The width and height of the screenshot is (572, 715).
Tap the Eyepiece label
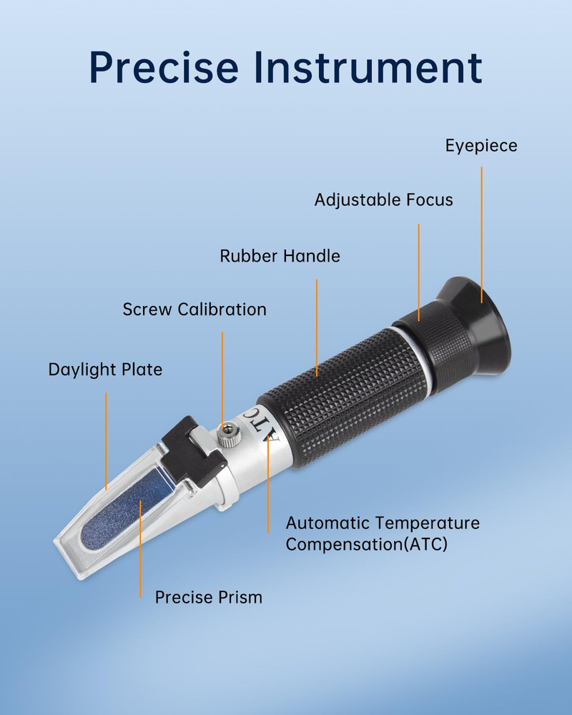[480, 146]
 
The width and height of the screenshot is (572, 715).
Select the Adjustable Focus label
[383, 199]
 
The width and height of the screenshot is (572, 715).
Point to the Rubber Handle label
[280, 255]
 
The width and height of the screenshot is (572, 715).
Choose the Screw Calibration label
[194, 310]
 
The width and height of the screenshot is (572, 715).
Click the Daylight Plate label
[105, 370]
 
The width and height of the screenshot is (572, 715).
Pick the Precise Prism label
[209, 597]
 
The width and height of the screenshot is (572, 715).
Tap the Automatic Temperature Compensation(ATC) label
[382, 533]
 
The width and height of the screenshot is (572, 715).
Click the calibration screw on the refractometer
[227, 433]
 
